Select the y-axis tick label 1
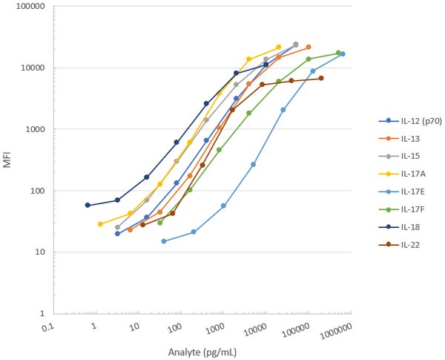tap(39, 314)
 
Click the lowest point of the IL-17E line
tap(164, 240)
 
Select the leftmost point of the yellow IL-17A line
tap(100, 223)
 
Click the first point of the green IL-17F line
tap(160, 222)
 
